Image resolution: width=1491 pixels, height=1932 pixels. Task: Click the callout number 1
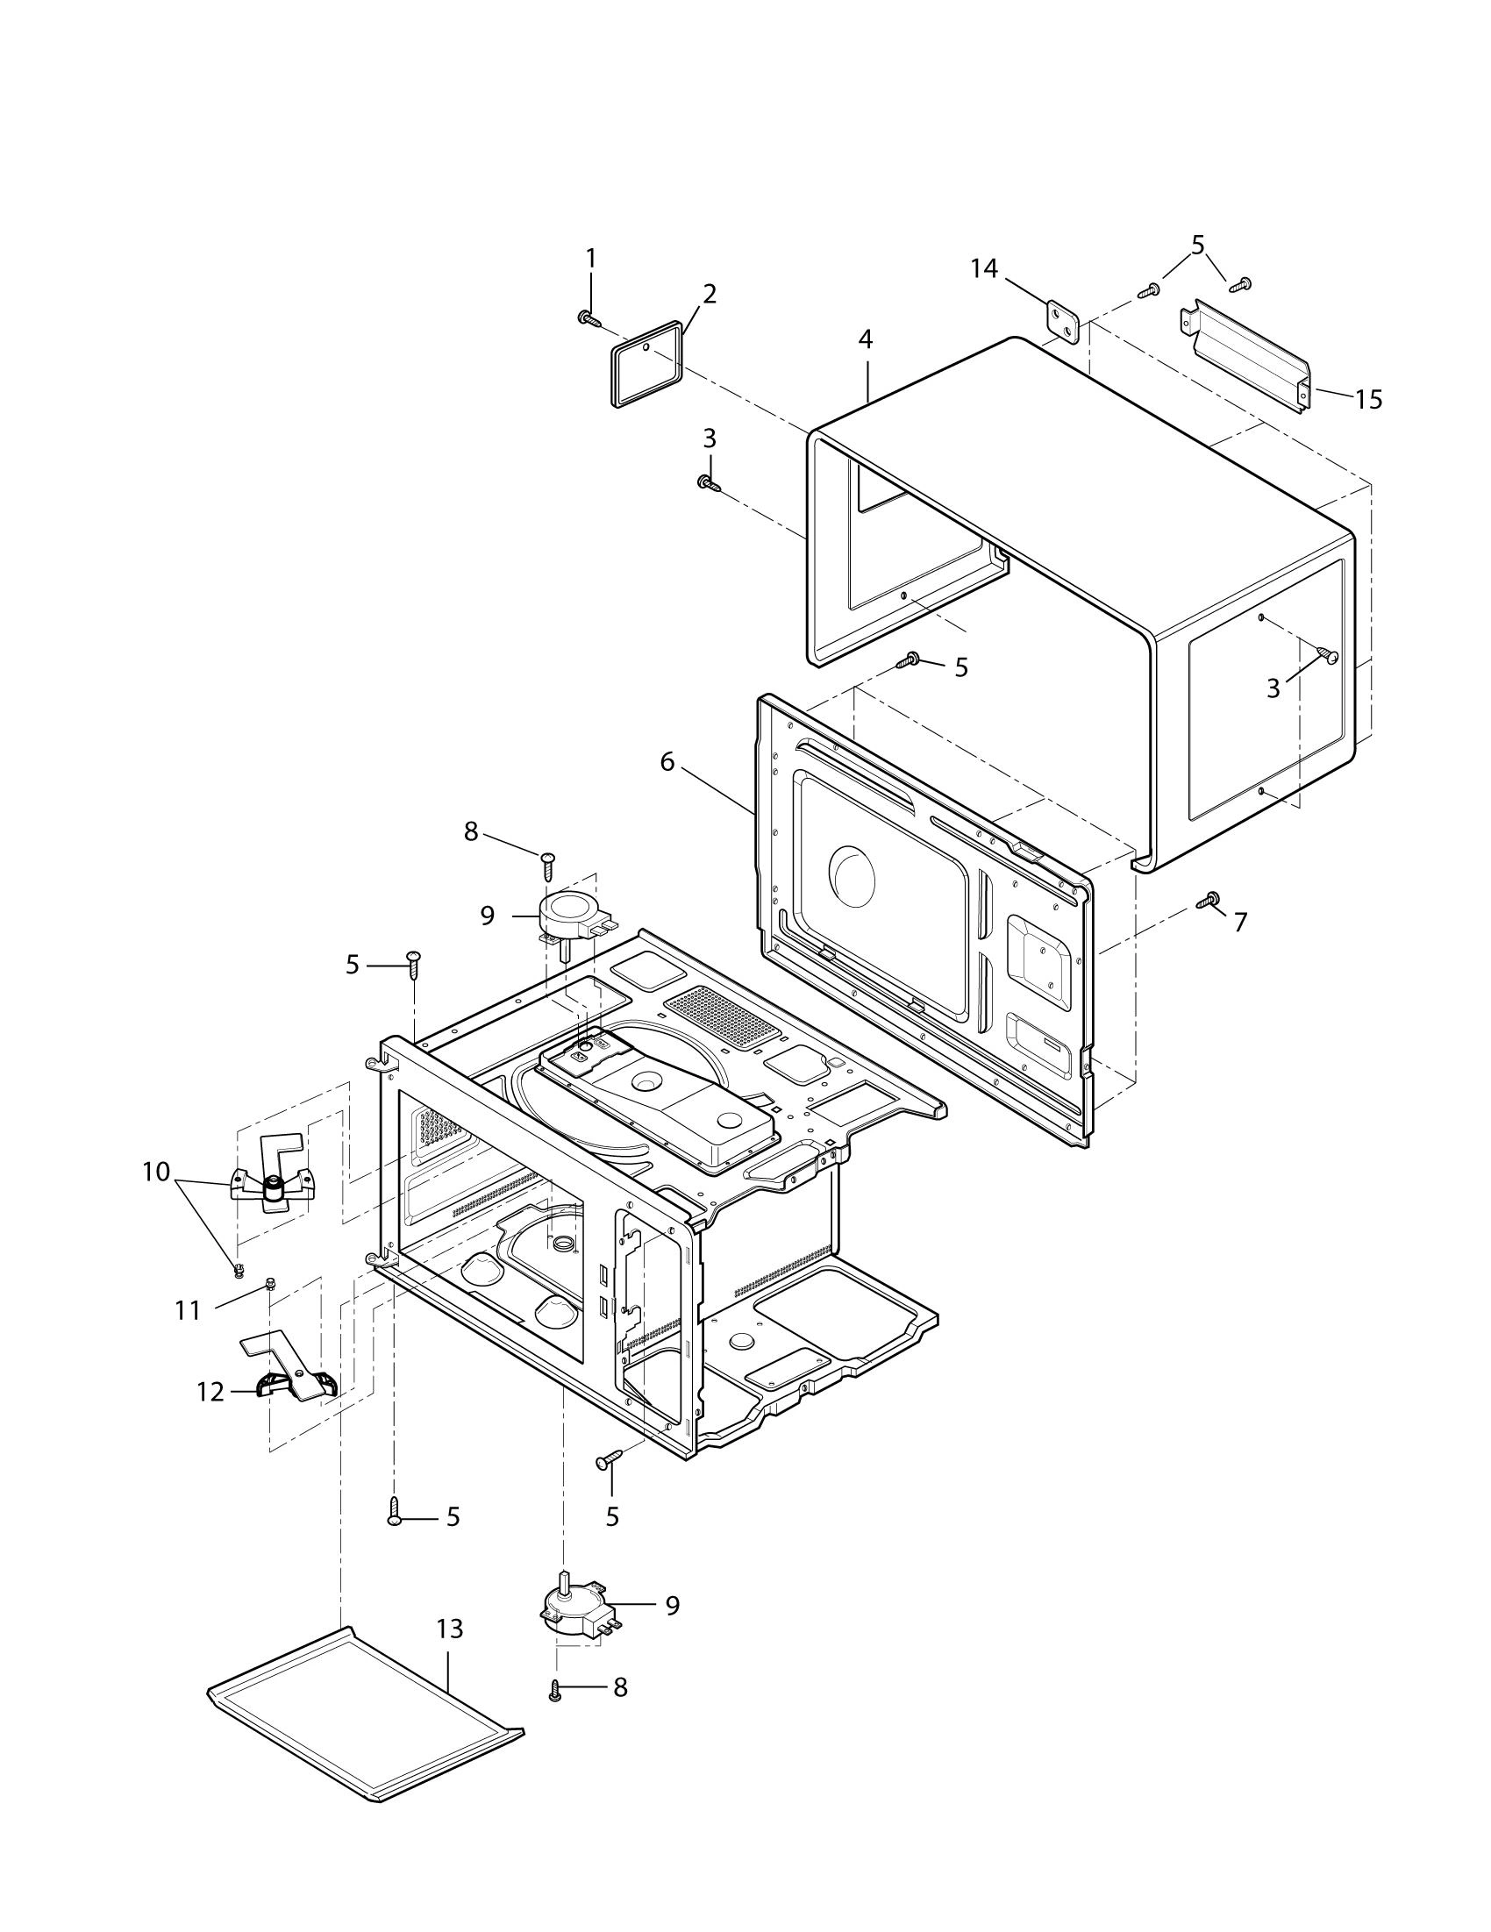590,260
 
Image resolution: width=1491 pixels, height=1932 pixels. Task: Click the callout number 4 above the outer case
865,339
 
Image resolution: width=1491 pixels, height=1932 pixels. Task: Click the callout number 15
1368,400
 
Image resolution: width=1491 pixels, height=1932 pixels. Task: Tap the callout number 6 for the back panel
667,761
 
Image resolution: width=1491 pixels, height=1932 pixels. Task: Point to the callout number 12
210,1392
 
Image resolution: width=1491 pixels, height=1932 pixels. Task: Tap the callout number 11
188,1310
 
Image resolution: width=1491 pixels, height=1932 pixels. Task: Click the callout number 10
156,1173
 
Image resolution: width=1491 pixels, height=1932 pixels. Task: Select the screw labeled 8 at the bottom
556,1691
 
